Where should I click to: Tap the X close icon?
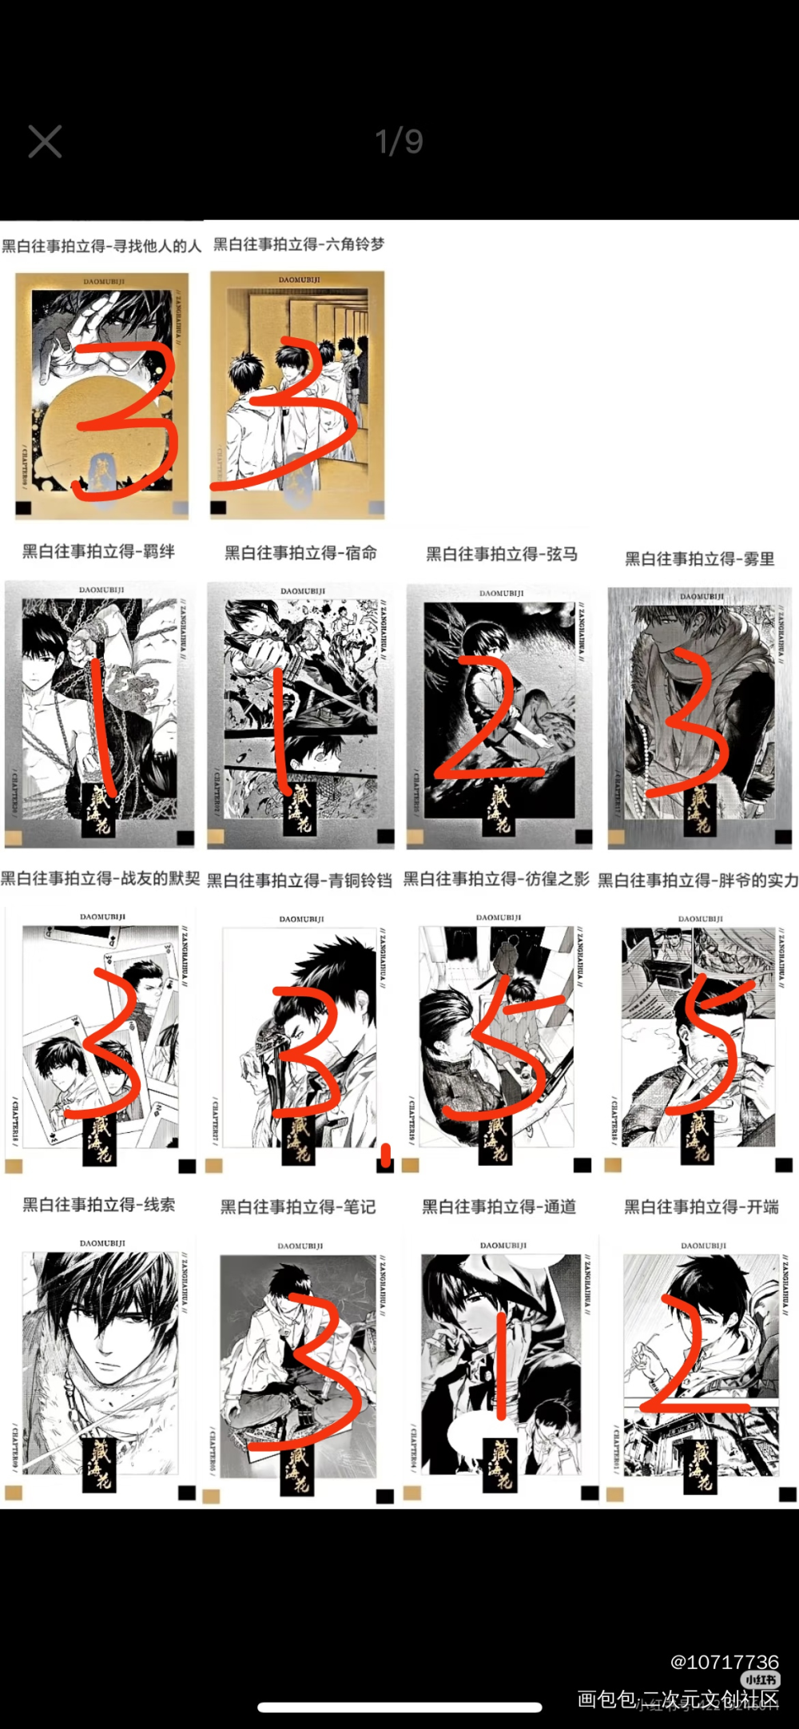45,141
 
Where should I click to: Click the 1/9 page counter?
399,141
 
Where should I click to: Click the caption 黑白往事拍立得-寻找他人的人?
101,245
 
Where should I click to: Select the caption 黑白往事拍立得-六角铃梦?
299,244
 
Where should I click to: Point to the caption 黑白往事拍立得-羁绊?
98,550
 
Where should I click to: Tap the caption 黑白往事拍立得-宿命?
300,552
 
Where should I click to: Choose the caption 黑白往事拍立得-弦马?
502,554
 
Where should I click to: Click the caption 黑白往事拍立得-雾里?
700,558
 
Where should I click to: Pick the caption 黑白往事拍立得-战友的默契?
101,878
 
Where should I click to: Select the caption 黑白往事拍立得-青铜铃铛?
300,880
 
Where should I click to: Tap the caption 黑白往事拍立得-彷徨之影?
496,879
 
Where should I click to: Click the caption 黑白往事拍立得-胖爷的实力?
698,880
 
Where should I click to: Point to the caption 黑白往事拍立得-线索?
98,1204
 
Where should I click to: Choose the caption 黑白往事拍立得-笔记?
298,1206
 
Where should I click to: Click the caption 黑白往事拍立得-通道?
499,1206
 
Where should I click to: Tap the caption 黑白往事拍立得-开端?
702,1206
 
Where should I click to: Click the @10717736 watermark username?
724,1662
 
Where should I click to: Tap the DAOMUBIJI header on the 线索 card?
102,1243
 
